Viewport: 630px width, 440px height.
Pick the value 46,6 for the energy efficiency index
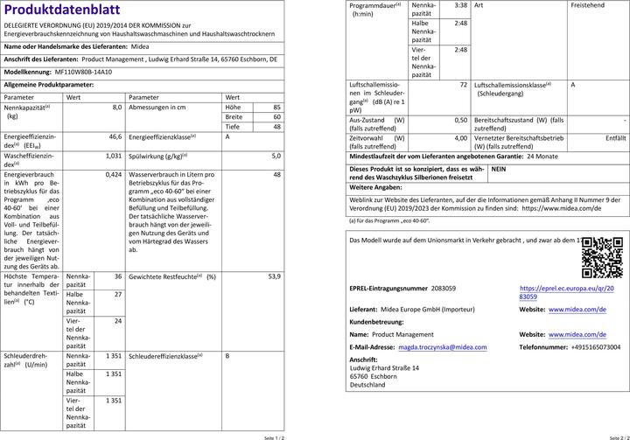tap(115, 137)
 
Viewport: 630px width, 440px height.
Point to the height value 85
tap(276, 107)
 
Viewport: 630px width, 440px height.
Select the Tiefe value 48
tap(276, 127)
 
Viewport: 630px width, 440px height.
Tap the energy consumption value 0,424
tap(113, 175)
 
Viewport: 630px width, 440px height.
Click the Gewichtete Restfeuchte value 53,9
tap(275, 276)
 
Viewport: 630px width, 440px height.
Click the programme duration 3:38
tap(461, 5)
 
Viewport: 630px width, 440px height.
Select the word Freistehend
tap(587, 5)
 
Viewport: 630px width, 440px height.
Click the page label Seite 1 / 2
tap(273, 435)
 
